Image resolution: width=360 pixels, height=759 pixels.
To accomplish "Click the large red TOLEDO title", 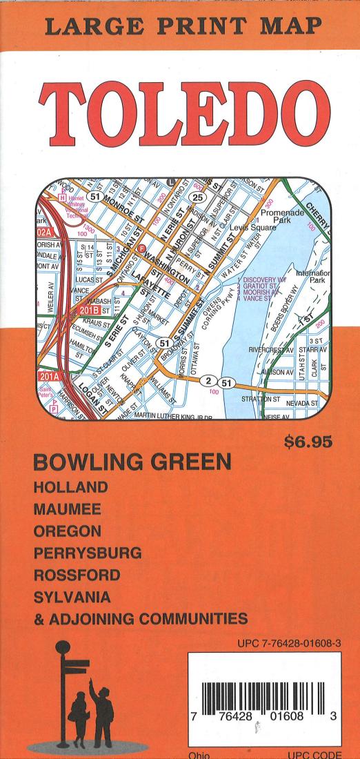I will click(180, 110).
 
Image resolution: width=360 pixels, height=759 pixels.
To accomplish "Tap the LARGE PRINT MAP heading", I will click(180, 26).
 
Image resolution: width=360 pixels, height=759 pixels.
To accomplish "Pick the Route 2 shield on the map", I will click(206, 381).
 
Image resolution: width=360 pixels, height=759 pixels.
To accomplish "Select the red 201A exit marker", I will click(50, 377).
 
